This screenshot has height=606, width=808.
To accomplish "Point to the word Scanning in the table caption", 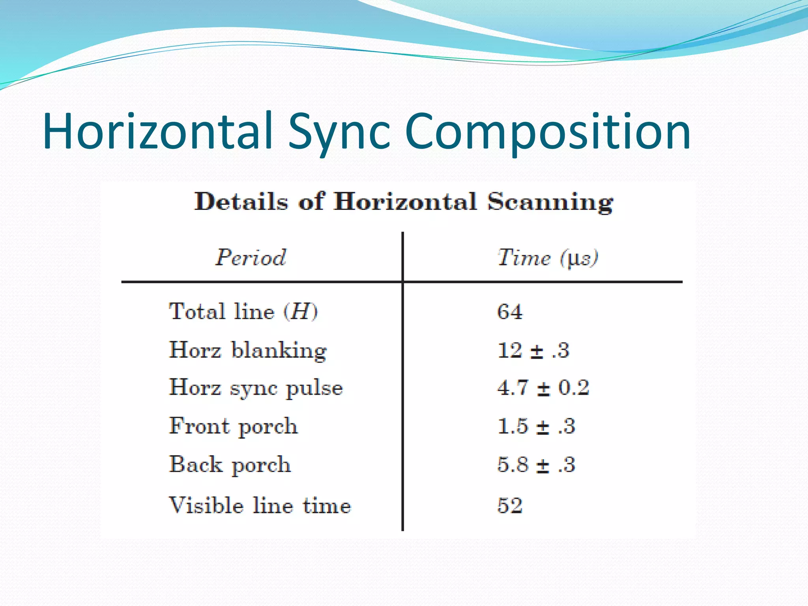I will pyautogui.click(x=550, y=202).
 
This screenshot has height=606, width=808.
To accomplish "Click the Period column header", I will pyautogui.click(x=251, y=258).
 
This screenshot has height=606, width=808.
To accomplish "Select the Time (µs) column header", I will pyautogui.click(x=548, y=258).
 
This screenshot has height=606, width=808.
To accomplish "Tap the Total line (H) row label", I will pyautogui.click(x=243, y=312).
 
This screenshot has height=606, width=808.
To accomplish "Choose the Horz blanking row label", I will pyautogui.click(x=248, y=350).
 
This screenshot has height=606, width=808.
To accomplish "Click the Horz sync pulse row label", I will pyautogui.click(x=256, y=388).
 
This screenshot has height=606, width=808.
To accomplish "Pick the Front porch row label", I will pyautogui.click(x=233, y=426).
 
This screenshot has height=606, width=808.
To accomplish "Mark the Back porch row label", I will pyautogui.click(x=230, y=465).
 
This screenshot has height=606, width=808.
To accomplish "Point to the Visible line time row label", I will pyautogui.click(x=260, y=505).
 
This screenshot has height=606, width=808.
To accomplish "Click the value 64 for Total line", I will pyautogui.click(x=510, y=312).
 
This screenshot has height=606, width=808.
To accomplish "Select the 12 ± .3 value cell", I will pyautogui.click(x=533, y=350).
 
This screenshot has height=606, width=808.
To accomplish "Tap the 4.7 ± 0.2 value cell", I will pyautogui.click(x=543, y=388).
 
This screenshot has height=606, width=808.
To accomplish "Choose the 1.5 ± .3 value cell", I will pyautogui.click(x=536, y=426).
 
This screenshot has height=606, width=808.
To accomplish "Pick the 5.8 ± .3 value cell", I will pyautogui.click(x=536, y=465).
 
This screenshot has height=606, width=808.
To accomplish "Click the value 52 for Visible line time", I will pyautogui.click(x=510, y=505).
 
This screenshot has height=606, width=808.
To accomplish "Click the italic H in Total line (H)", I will pyautogui.click(x=300, y=312).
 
